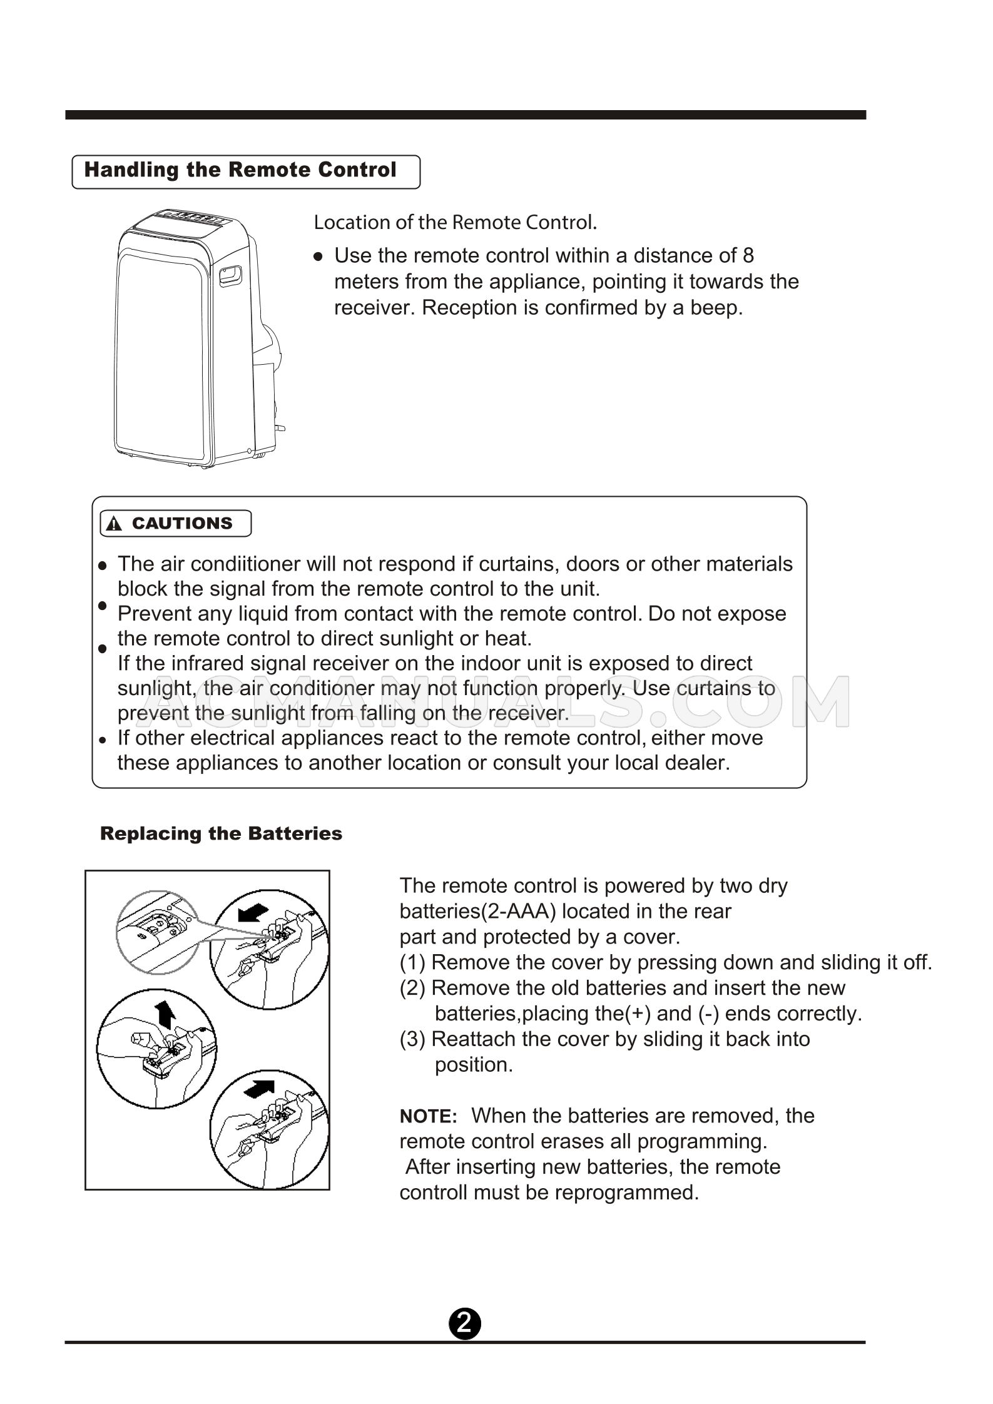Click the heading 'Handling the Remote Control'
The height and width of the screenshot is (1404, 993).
tap(240, 170)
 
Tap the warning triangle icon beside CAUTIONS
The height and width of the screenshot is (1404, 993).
tap(114, 524)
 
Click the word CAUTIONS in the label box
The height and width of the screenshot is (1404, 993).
tap(182, 523)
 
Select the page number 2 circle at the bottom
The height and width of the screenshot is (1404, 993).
tap(464, 1323)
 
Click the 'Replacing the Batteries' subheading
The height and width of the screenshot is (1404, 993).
tap(221, 833)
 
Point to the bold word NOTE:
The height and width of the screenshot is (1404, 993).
tap(429, 1116)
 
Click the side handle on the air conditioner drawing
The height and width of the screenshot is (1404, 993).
tap(230, 274)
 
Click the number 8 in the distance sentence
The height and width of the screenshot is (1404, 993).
tap(748, 255)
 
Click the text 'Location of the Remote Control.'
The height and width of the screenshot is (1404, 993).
tap(455, 222)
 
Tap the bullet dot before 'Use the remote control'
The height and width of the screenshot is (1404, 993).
tap(318, 257)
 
